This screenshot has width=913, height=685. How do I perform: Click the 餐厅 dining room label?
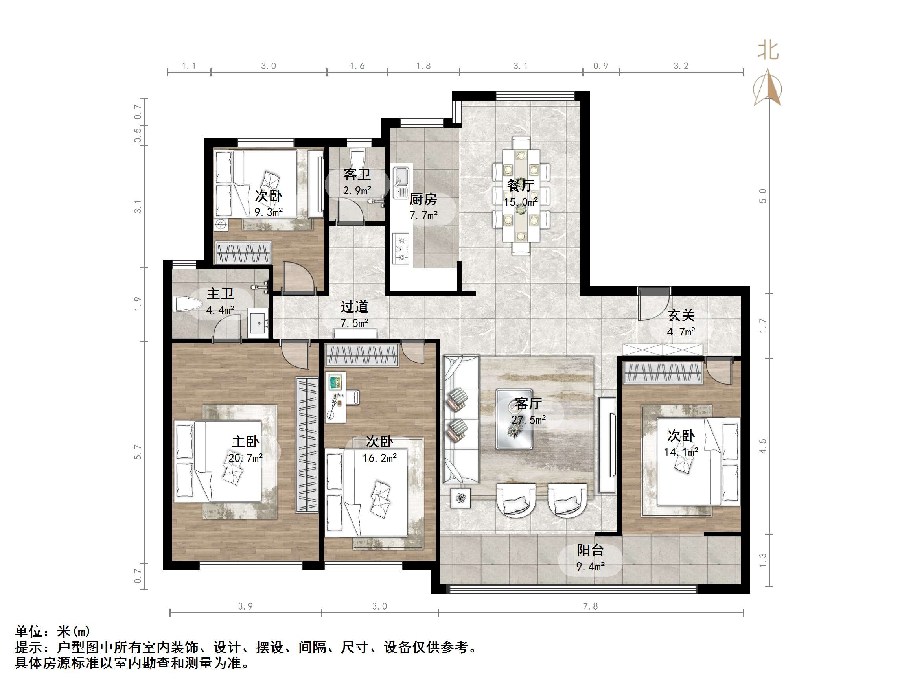coord(521,185)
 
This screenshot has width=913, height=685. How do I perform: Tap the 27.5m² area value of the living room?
coord(528,420)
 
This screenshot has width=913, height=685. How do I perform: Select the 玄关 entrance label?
coord(681,315)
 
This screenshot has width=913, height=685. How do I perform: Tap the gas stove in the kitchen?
coord(400,249)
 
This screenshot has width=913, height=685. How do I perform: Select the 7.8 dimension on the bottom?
coord(590,606)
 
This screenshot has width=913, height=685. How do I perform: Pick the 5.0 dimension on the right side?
coord(763,196)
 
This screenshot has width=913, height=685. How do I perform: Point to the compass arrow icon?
coord(767,88)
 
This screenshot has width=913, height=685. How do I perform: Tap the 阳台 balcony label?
coord(590,550)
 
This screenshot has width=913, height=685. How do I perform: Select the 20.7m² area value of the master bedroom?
coord(246,458)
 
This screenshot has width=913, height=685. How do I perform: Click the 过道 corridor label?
coord(354,307)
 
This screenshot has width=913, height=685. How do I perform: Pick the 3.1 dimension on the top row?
coord(521,66)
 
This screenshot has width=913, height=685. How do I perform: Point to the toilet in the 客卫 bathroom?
coord(357,157)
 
